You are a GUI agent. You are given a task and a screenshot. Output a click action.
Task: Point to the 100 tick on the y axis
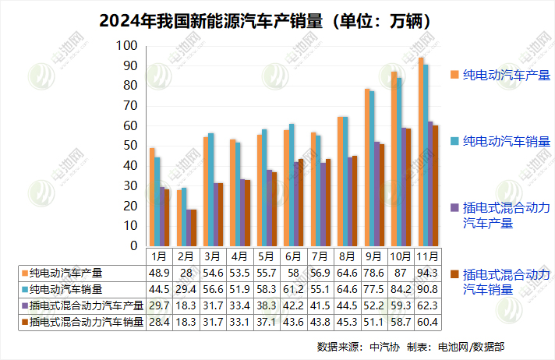[127, 46]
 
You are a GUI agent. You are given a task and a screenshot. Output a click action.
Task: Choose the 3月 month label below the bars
[210, 256]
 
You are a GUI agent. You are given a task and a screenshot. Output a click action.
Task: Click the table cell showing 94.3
[426, 274]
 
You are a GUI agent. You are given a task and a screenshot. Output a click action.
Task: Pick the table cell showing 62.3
[426, 305]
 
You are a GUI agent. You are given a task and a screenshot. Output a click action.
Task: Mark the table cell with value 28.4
[157, 322]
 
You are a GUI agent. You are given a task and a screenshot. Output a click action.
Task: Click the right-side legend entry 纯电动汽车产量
[506, 75]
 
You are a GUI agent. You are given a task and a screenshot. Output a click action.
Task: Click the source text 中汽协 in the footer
[383, 345]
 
